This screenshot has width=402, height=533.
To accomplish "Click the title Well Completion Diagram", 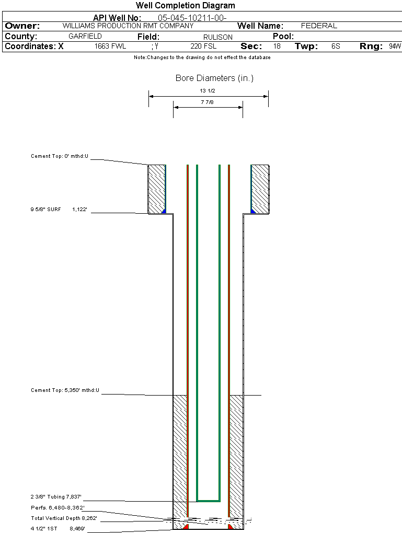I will (186, 6).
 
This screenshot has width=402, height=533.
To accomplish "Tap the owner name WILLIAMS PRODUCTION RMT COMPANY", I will (128, 26).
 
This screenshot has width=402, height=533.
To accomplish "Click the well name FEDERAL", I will (319, 26).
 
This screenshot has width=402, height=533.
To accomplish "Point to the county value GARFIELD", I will (85, 37).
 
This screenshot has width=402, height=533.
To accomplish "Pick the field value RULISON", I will (218, 37).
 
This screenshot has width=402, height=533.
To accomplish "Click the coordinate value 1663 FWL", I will (110, 47).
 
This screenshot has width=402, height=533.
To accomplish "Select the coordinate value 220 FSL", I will (203, 47).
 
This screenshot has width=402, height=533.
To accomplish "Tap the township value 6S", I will (336, 47).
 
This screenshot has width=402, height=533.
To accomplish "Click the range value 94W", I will (395, 47).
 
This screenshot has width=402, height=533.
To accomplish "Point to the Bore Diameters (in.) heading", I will (214, 78).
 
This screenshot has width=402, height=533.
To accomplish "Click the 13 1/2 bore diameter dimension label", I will (208, 91).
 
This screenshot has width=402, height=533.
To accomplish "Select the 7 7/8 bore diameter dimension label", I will (208, 102).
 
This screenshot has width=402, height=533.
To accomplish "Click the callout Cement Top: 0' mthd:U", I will (60, 156).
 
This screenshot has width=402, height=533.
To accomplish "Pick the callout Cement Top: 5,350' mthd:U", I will (65, 390).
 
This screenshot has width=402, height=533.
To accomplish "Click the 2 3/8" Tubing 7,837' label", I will (56, 497).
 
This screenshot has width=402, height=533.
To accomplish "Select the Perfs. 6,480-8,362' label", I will (58, 507).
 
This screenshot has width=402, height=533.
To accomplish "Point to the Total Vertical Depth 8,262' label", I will (64, 518).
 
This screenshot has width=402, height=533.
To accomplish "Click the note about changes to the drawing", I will (202, 57).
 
